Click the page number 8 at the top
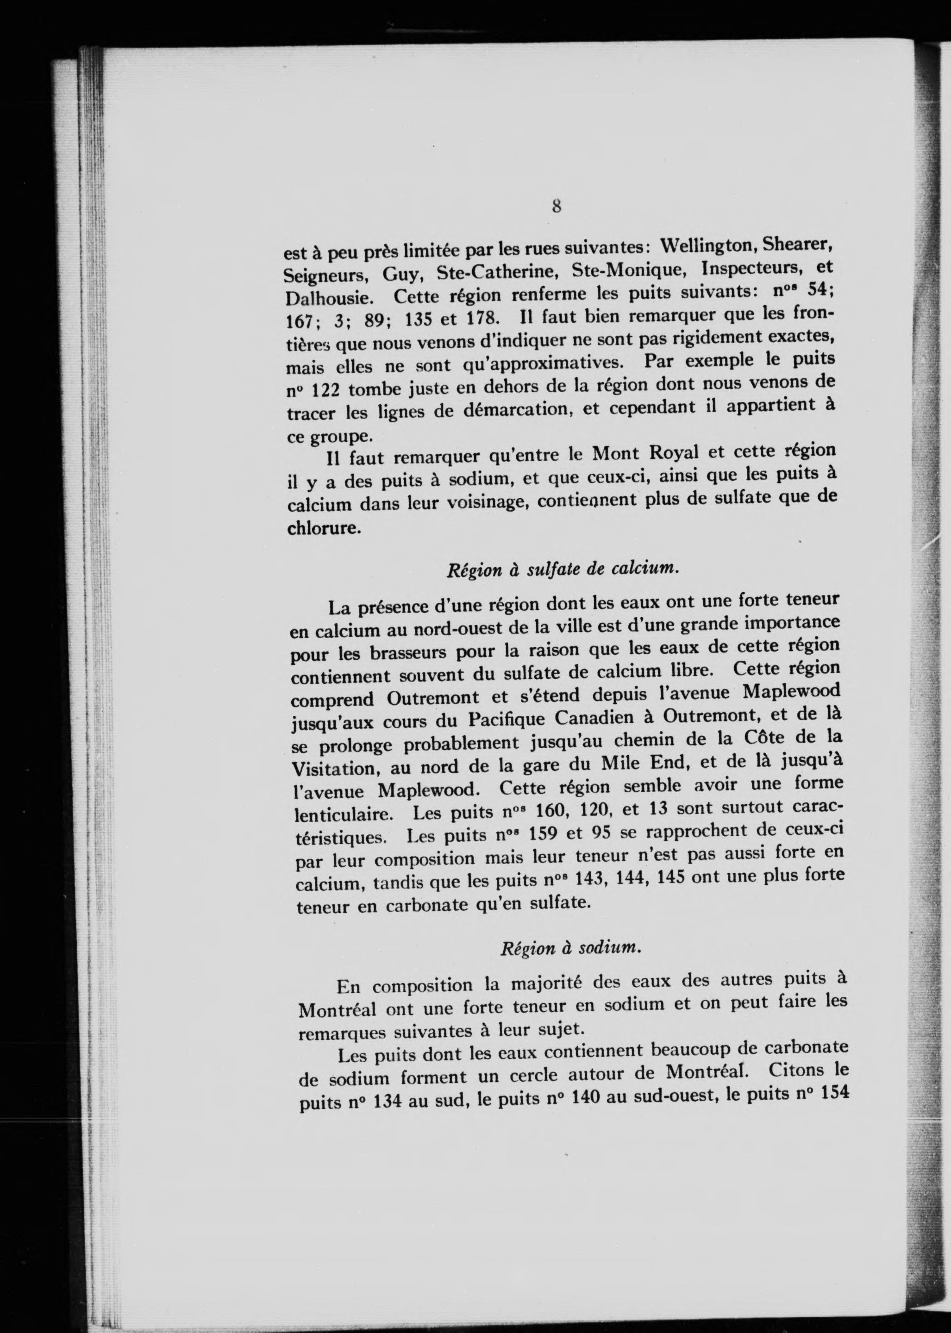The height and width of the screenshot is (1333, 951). (x=557, y=206)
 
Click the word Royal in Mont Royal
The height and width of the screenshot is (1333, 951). (x=671, y=453)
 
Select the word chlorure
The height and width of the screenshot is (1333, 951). (x=321, y=528)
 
